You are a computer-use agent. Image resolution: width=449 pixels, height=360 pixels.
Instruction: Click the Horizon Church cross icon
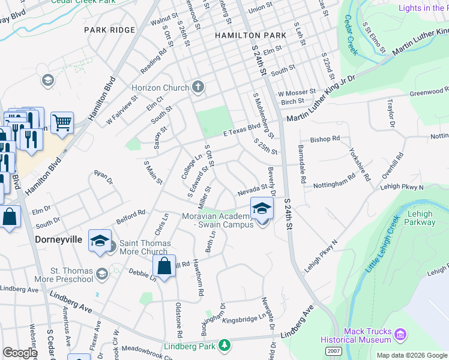[x=199, y=88]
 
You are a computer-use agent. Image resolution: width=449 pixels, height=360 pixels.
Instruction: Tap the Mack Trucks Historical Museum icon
[x=402, y=333]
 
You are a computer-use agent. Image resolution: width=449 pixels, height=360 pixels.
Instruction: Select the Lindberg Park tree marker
[x=224, y=345]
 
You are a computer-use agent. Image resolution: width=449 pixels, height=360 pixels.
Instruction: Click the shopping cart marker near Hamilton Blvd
[x=62, y=123]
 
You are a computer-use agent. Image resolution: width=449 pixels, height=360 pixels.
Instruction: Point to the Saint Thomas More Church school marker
[x=100, y=241]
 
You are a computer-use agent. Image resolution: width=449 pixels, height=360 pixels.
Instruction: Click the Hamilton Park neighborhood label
[x=251, y=36]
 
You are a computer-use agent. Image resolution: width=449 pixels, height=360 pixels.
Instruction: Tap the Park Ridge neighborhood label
[x=110, y=30]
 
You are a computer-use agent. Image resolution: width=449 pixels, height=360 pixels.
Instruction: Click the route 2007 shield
[x=334, y=350]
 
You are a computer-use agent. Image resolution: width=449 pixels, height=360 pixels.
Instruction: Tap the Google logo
[x=20, y=353]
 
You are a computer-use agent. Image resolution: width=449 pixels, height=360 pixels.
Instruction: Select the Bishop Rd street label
[x=325, y=139]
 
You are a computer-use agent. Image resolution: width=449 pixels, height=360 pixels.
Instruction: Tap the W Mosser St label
[x=297, y=93]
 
